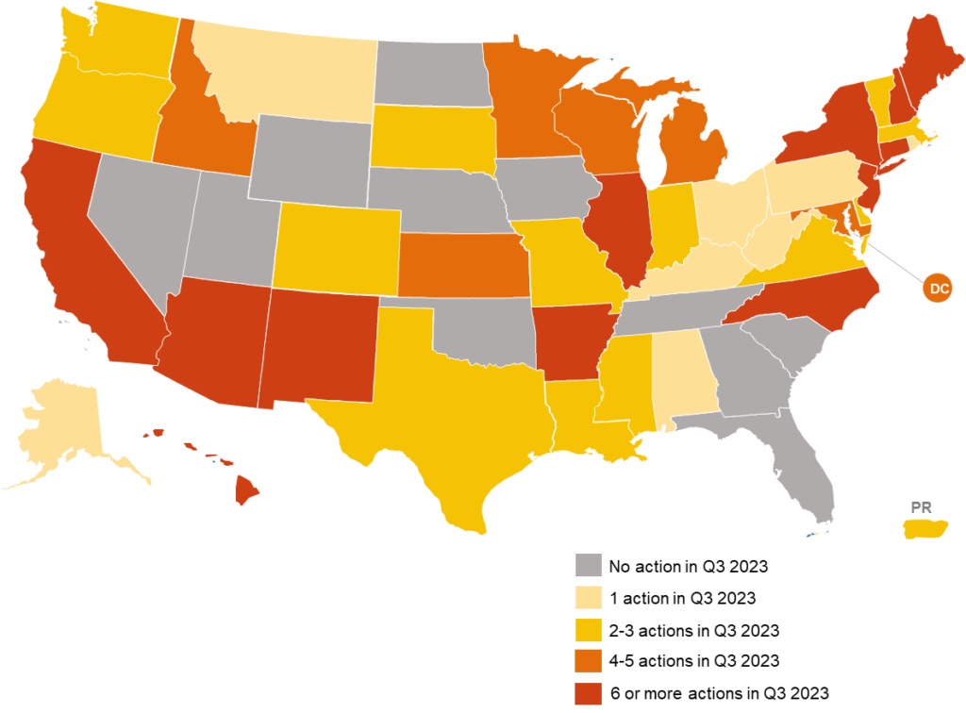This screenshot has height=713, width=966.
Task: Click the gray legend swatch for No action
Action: [x=588, y=566]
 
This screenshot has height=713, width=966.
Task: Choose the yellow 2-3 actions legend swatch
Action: [x=588, y=629]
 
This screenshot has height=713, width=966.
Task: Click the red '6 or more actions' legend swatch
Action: [x=588, y=693]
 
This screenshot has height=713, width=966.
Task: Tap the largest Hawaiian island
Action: [x=247, y=489]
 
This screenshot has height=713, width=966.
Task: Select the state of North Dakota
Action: [x=429, y=74]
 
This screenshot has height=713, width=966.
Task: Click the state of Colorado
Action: [x=338, y=244]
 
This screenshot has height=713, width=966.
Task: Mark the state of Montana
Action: [x=288, y=75]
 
